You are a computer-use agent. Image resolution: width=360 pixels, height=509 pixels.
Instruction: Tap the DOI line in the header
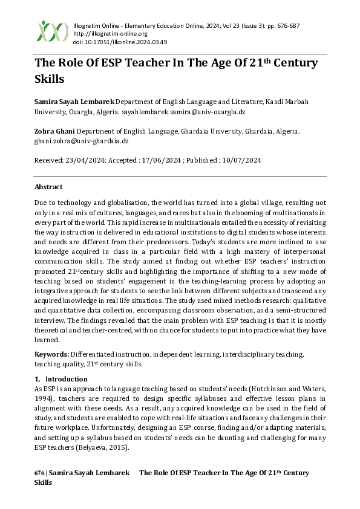(111, 42)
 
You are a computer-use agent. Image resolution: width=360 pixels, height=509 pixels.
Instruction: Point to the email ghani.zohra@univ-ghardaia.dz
(82, 140)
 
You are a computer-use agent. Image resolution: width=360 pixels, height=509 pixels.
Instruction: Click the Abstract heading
(48, 187)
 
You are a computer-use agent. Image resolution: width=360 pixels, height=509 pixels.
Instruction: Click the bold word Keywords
(52, 353)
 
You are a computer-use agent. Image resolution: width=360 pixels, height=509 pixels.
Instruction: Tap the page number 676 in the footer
(40, 473)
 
